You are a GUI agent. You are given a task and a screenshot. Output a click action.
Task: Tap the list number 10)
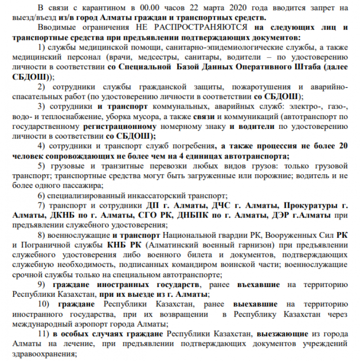[45, 304]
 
